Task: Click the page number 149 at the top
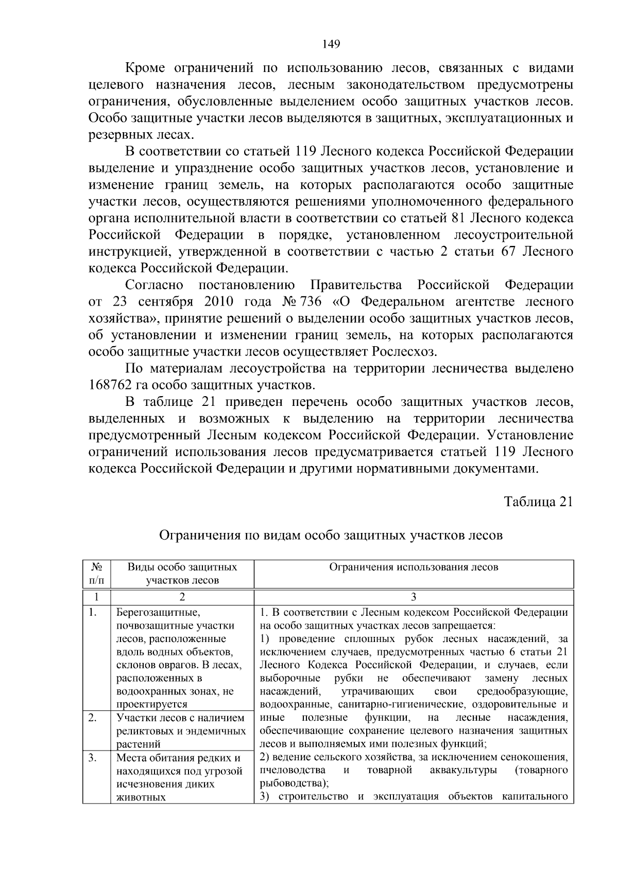pyautogui.click(x=331, y=44)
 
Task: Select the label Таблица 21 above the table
pyautogui.click(x=538, y=502)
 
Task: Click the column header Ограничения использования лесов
pyautogui.click(x=414, y=567)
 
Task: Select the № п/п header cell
pyautogui.click(x=96, y=574)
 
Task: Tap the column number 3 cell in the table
pyautogui.click(x=414, y=597)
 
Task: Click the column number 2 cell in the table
pyautogui.click(x=182, y=597)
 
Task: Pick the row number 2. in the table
pyautogui.click(x=93, y=718)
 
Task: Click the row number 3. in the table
pyautogui.click(x=93, y=758)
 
